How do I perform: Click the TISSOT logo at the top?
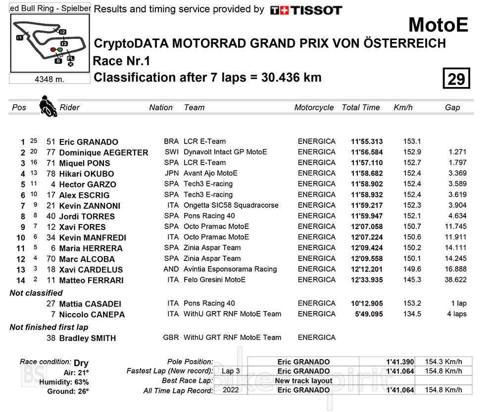pos(306,10)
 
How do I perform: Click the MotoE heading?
pos(438,25)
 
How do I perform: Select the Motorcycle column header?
pos(314,107)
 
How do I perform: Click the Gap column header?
pos(452,107)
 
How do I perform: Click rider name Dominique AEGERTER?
pos(103,152)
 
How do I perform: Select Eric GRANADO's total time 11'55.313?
pos(366,141)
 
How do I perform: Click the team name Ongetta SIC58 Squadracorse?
pos(231,205)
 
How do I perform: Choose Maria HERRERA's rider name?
pos(91,248)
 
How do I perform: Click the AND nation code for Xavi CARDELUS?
pos(171,270)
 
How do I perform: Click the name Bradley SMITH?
pos(87,338)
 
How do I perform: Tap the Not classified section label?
pos(36,293)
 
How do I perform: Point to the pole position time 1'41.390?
pos(399,362)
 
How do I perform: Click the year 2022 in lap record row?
pos(231,390)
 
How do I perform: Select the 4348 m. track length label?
pos(49,79)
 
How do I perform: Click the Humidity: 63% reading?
pos(68,382)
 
